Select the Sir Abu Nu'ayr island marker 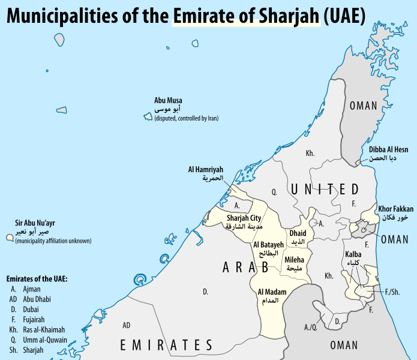(10, 238)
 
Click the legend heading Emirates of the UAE (37, 279)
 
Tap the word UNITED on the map (325, 190)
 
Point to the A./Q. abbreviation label (311, 327)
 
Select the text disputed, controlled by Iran (187, 119)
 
